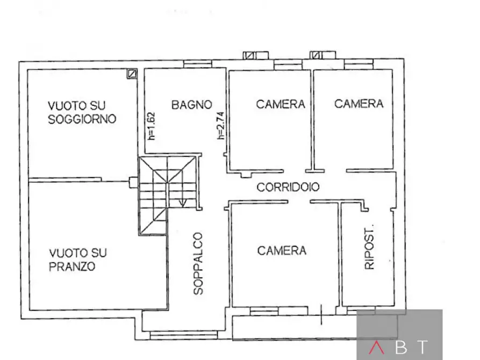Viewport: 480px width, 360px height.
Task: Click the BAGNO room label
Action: pos(191,105)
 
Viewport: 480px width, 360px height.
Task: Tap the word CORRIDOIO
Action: pos(288,188)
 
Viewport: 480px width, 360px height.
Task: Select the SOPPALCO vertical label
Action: pos(198,263)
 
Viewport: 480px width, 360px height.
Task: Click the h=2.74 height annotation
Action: pos(220,125)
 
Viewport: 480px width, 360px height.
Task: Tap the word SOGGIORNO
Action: pos(82,119)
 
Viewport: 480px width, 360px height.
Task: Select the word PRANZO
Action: pos(72,267)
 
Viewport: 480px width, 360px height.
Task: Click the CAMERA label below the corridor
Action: pos(282,250)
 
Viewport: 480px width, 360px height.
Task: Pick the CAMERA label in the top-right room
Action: pos(359,104)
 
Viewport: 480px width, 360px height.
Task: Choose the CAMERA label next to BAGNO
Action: pos(281,104)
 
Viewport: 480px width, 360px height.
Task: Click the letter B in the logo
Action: pos(400,348)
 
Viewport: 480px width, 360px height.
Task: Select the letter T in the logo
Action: pos(424,348)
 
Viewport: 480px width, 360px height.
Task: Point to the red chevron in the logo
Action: pos(375,348)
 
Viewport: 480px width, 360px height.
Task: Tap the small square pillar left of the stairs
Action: pos(133,182)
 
